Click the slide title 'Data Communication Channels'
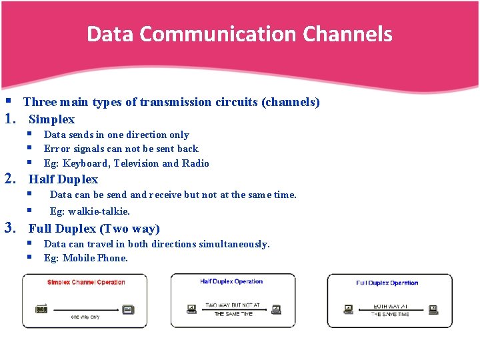point(239,34)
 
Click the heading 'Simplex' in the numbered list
point(51,119)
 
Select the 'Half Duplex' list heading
point(63,179)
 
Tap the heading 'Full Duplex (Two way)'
point(94,229)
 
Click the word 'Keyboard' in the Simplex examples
point(86,163)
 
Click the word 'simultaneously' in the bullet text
point(233,244)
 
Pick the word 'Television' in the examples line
point(136,163)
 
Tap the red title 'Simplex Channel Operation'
point(86,283)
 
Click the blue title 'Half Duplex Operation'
point(231,281)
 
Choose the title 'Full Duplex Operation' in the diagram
point(387,283)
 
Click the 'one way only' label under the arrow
point(85,317)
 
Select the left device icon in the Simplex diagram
point(42,309)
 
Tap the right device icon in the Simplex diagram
point(129,309)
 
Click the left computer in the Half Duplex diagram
point(192,309)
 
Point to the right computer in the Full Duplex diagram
point(433,309)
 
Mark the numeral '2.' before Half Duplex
point(11,179)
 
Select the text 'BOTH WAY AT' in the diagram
point(391,306)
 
